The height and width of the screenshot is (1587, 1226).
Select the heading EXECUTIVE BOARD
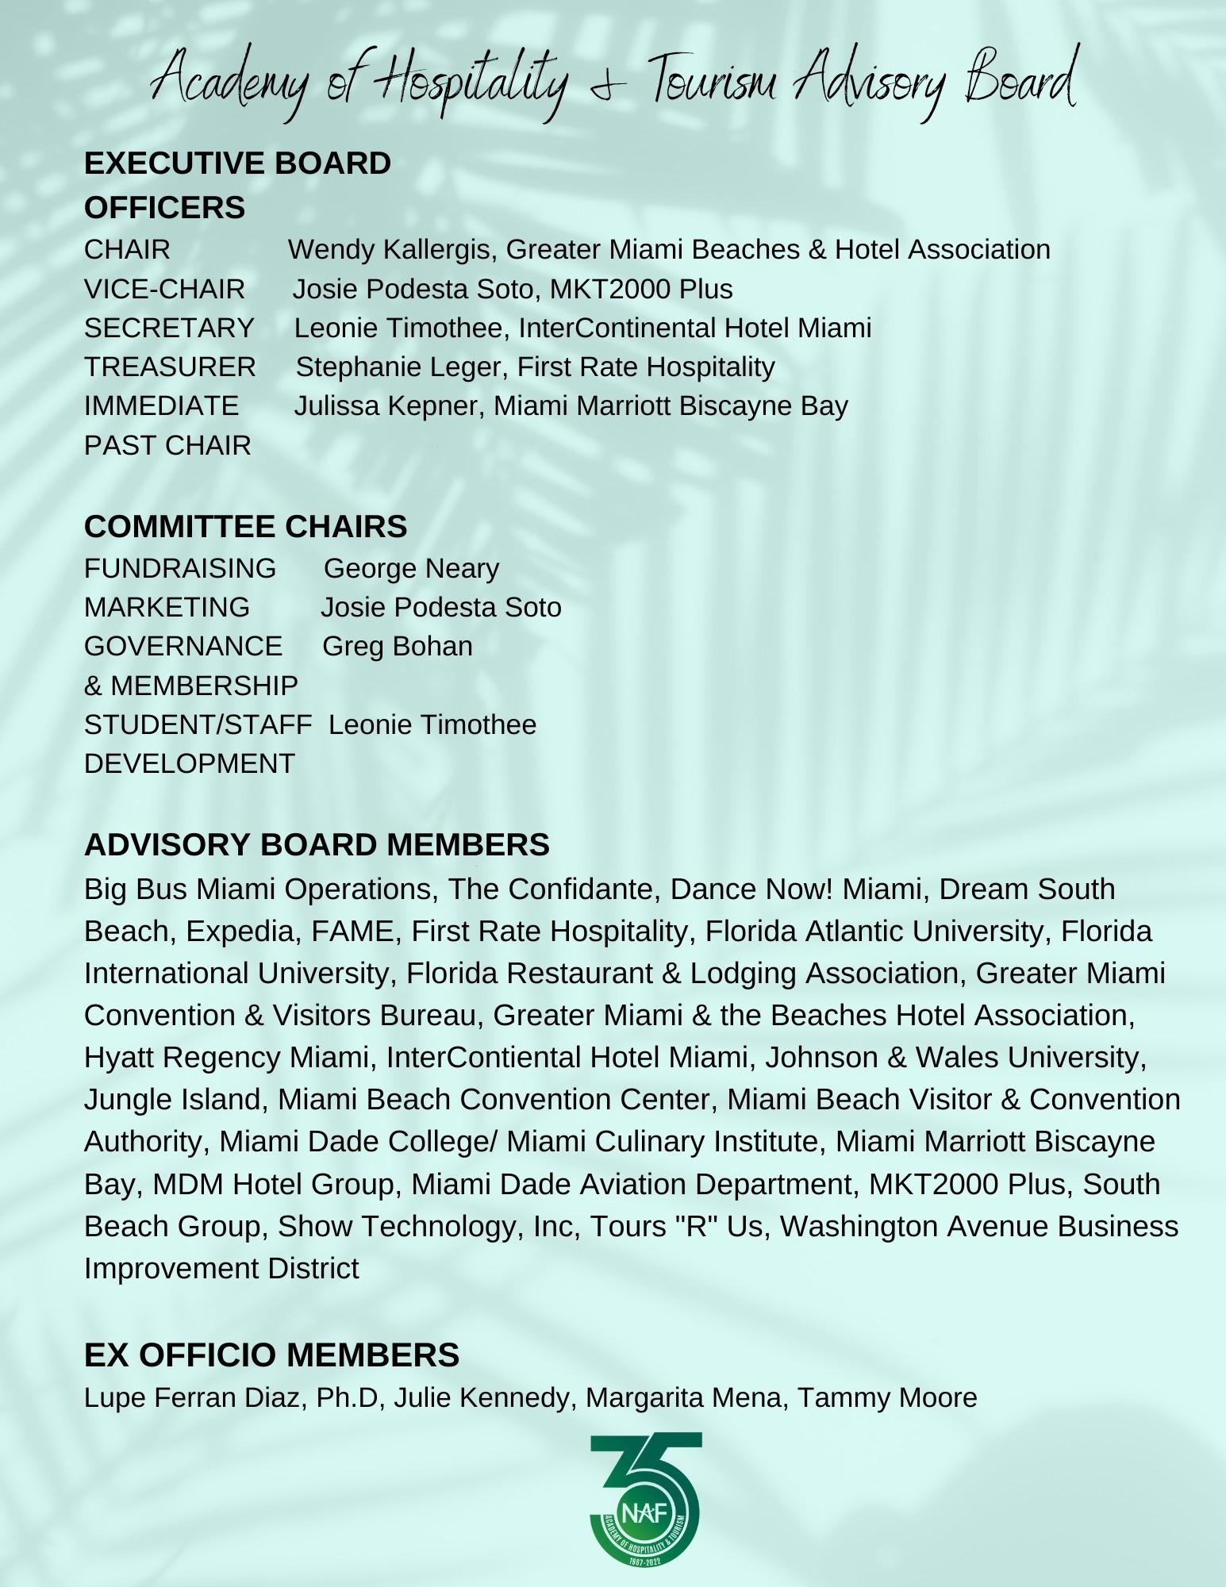coord(237,163)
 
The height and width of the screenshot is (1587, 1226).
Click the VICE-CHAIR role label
coord(164,289)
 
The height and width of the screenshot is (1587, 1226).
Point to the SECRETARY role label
coord(169,328)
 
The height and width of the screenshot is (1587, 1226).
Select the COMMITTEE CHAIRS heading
coord(245,527)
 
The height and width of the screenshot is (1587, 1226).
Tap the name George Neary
coord(411,568)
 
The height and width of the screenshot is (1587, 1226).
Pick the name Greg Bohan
coord(397,647)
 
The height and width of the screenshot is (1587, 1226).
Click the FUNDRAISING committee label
coord(180,568)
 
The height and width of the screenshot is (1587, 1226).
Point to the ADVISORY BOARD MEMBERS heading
coord(317,845)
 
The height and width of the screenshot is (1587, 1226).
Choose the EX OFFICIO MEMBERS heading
coord(271,1355)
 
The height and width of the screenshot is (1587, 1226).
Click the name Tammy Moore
coord(886,1397)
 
